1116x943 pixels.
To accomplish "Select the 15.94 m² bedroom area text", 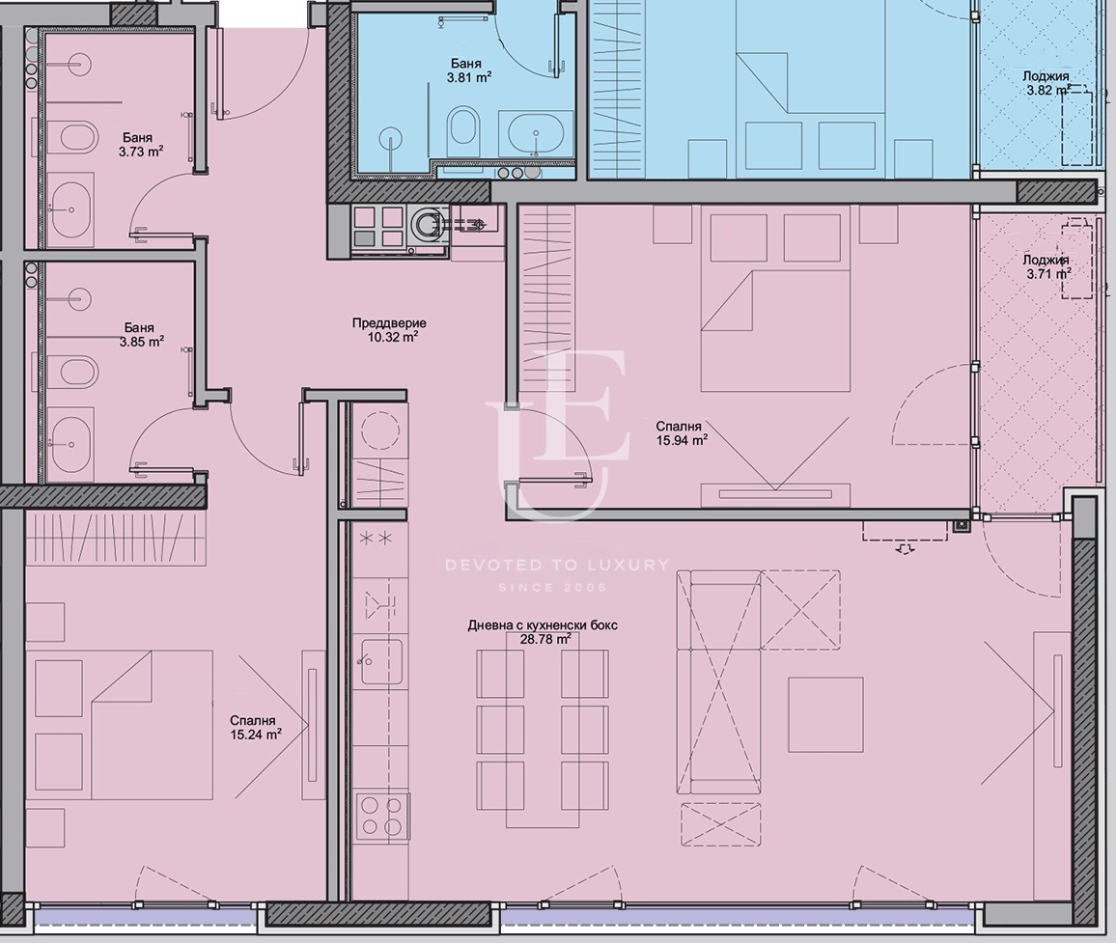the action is pos(682,440).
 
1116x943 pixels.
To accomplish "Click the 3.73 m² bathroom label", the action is pos(142,152).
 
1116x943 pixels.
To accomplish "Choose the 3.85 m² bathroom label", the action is pos(142,342).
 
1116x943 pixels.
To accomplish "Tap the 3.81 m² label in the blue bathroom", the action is pos(469,77).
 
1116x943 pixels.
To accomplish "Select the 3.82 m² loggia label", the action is pos(1049,91).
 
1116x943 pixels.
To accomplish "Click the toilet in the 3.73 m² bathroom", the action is pos(77,138).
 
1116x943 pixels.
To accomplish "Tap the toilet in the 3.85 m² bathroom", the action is pos(77,370).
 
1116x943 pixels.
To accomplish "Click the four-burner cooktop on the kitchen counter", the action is pos(381,816).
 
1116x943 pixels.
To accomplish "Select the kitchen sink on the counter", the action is pos(381,662).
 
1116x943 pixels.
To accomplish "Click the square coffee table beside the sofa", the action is pos(825,714).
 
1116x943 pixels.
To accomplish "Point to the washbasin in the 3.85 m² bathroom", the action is pos(72,443).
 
